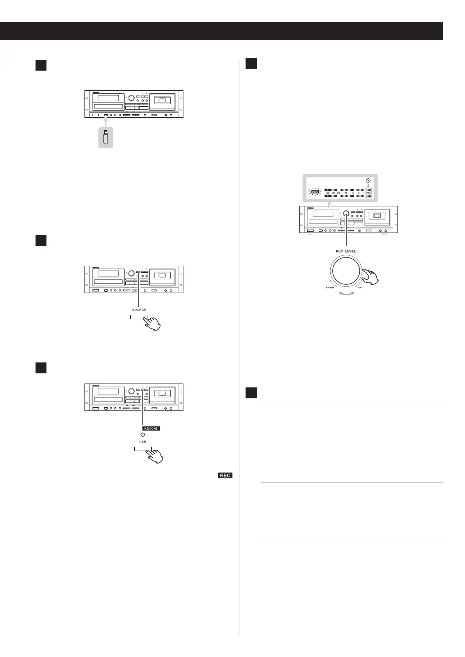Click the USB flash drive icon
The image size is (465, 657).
[105, 138]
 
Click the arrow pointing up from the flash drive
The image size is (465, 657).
[105, 121]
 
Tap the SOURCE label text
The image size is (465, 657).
[139, 309]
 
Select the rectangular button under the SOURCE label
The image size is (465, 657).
[139, 317]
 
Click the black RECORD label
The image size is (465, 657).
[151, 428]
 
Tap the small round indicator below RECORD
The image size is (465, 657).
[143, 435]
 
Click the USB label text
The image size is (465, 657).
[143, 442]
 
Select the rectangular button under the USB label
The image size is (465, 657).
[143, 449]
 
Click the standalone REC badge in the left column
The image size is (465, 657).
[225, 476]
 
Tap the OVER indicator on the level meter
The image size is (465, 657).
[368, 192]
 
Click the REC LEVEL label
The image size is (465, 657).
[346, 251]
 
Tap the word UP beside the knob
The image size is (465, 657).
[360, 288]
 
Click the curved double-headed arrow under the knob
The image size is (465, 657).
[346, 295]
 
